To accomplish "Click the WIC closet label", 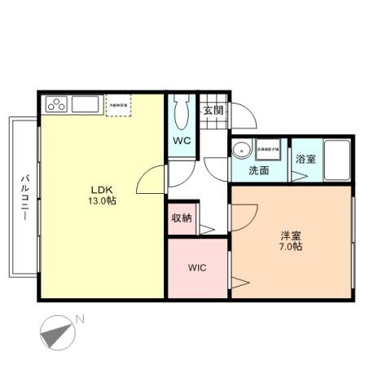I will tap(196, 267).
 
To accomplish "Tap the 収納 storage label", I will tap(182, 217).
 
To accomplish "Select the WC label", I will tap(181, 139).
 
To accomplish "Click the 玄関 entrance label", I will tap(213, 110).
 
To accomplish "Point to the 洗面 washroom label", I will tap(259, 170).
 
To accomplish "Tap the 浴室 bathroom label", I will tap(306, 157).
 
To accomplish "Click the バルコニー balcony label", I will tap(25, 199).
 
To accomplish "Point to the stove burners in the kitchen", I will tap(57, 104).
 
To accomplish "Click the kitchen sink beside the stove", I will tap(84, 104).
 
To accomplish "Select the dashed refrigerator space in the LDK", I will tap(118, 106).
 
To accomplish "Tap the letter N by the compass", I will tap(79, 319).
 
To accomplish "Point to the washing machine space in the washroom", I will tap(268, 150).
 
